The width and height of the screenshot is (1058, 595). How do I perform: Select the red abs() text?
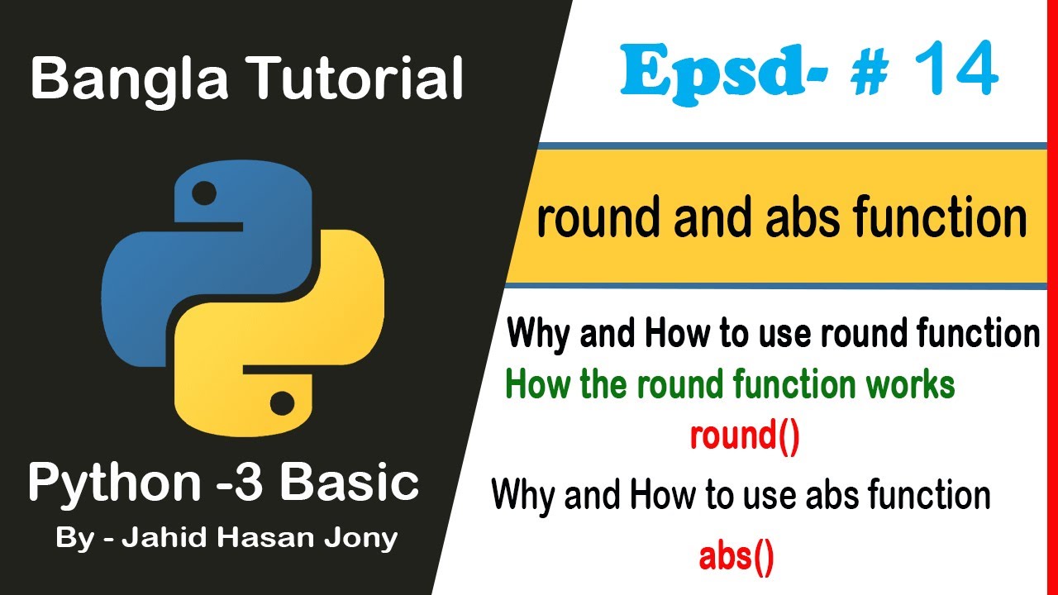click(736, 558)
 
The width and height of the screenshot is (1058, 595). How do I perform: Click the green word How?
click(533, 385)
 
